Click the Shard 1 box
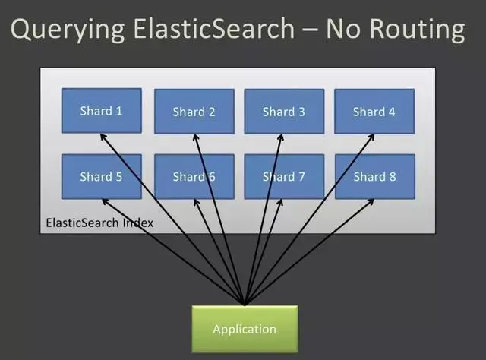click(x=101, y=111)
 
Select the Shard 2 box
click(x=194, y=112)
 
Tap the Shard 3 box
click(x=284, y=112)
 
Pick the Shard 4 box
click(x=374, y=112)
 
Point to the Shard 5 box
click(x=101, y=177)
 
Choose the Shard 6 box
click(x=194, y=177)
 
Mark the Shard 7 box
click(x=284, y=177)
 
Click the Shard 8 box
click(x=374, y=177)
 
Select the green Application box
click(x=245, y=328)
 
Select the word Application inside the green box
click(x=245, y=329)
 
